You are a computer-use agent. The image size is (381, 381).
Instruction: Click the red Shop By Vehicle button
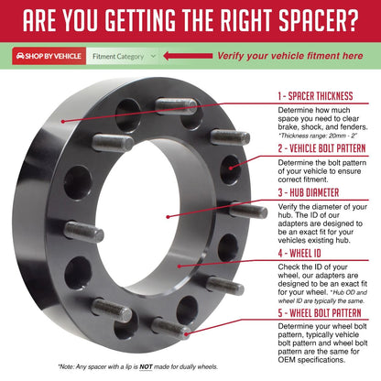(x=49, y=56)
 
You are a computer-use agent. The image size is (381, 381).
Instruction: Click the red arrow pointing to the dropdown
(x=188, y=56)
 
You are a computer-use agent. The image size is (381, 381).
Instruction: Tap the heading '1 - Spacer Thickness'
(x=315, y=96)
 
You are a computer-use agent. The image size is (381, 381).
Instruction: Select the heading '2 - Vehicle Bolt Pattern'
(x=321, y=148)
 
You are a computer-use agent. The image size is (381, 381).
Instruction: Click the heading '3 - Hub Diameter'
(x=309, y=192)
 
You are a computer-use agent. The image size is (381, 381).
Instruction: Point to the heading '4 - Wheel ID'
(x=299, y=253)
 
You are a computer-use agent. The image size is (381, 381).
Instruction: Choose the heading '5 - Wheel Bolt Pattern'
(x=320, y=313)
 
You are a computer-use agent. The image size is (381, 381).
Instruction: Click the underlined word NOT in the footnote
(x=146, y=366)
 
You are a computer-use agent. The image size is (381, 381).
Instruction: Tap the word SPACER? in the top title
(x=319, y=20)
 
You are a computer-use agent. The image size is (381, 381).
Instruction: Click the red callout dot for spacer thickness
(x=62, y=121)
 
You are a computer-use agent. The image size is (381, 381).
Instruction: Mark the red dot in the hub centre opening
(x=168, y=217)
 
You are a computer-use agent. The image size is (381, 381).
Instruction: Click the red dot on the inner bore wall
(x=180, y=266)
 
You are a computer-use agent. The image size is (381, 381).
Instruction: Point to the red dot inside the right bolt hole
(x=231, y=168)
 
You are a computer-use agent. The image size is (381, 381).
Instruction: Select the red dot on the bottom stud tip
(x=187, y=334)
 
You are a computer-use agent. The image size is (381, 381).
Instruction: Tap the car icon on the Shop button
(x=20, y=56)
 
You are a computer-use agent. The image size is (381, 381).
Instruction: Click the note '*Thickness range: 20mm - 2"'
(x=318, y=136)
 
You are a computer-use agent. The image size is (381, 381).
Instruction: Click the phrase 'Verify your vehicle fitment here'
(x=290, y=56)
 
